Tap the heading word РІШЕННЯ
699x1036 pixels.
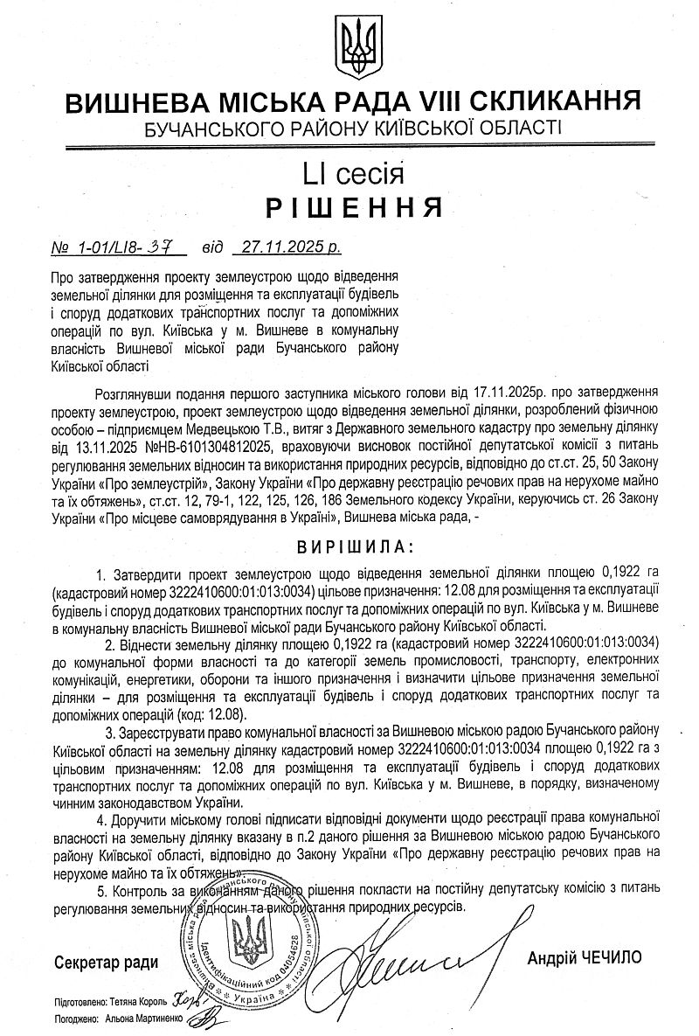pos(353,206)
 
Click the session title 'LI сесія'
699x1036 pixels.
pos(353,172)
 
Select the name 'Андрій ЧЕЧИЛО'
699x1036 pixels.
pos(584,958)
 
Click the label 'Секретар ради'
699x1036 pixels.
pos(107,963)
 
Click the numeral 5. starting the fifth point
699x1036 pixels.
pos(101,887)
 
